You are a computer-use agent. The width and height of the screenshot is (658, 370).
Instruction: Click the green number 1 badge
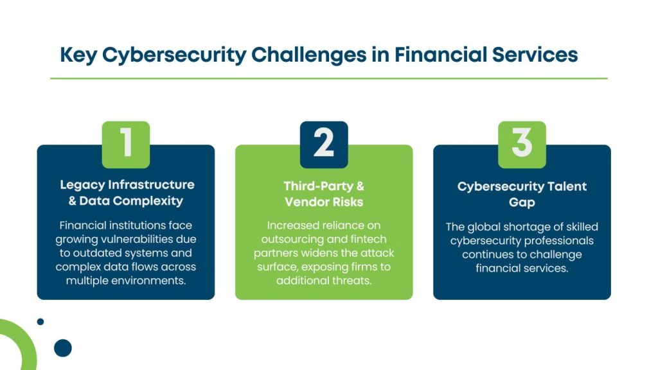point(126,145)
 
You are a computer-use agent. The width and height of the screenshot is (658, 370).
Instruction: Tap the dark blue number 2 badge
point(324,145)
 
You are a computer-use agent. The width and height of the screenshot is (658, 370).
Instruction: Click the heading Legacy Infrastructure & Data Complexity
point(127,193)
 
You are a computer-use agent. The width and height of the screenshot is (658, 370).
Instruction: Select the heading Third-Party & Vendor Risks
point(324,194)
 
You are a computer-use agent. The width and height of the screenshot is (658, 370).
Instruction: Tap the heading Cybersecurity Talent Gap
point(522,194)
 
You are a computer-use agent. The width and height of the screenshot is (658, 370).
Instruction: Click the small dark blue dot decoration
point(40,321)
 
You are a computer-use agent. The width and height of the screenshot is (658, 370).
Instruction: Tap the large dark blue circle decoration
point(63,348)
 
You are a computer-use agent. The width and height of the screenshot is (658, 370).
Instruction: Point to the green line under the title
point(328,78)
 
